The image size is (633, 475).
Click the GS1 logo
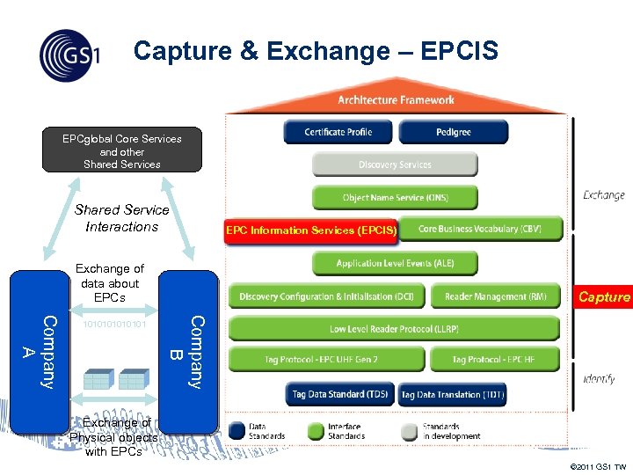click(x=69, y=55)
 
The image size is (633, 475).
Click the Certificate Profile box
click(x=338, y=132)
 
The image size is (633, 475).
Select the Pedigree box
click(x=453, y=132)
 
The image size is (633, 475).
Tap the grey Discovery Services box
click(x=395, y=164)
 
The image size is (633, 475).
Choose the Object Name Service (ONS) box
click(x=395, y=198)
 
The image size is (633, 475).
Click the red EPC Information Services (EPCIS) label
click(x=311, y=230)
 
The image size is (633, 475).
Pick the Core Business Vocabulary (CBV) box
click(x=480, y=229)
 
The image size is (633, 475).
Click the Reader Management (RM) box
click(x=496, y=296)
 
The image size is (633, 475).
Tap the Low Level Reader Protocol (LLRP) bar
click(x=394, y=329)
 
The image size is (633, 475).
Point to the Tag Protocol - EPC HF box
click(x=496, y=360)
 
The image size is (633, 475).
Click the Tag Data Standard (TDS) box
click(x=340, y=395)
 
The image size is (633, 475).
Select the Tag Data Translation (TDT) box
click(x=453, y=395)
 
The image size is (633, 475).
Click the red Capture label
click(x=604, y=297)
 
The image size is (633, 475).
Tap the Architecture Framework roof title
click(x=396, y=100)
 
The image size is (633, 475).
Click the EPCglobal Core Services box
click(x=122, y=151)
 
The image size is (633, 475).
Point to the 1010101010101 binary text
click(x=113, y=325)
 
